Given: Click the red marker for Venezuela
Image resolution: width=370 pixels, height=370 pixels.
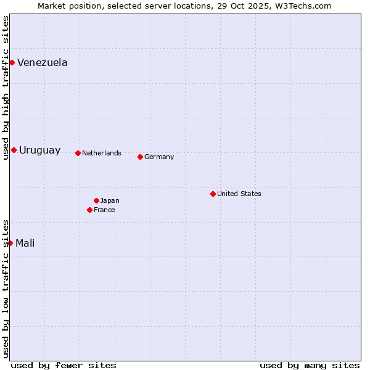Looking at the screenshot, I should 12,62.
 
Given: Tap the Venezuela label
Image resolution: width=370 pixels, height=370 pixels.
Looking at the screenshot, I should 43,62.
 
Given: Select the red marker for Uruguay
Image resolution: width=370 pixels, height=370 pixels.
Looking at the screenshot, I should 14,150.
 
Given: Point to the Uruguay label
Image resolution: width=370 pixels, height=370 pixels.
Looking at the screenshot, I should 40,150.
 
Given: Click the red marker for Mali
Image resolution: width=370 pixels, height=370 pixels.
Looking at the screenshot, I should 10,243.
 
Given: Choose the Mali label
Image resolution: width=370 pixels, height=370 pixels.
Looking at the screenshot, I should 25,243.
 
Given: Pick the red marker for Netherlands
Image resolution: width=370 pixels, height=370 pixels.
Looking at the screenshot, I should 78,153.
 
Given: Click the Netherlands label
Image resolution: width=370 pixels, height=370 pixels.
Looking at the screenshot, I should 102,153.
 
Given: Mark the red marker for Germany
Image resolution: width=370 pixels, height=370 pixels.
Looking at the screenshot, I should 140,157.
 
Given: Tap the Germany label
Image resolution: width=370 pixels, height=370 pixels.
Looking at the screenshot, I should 159,157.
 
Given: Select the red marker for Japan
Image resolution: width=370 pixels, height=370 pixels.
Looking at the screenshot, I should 96,200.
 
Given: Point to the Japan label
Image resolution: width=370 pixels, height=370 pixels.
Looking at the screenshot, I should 110,200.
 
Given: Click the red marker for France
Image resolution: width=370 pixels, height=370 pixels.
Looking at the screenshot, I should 89,210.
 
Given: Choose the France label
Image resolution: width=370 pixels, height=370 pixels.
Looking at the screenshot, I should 104,210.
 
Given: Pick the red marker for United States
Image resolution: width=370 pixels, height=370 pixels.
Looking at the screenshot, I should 213,194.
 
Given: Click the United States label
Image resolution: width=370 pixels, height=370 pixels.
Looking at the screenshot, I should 239,194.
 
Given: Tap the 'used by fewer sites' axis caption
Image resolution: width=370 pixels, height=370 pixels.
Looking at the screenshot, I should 64,365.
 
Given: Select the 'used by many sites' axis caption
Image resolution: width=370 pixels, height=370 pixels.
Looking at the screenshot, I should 310,365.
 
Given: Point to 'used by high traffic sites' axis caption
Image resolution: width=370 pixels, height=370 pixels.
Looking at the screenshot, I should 6,88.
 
